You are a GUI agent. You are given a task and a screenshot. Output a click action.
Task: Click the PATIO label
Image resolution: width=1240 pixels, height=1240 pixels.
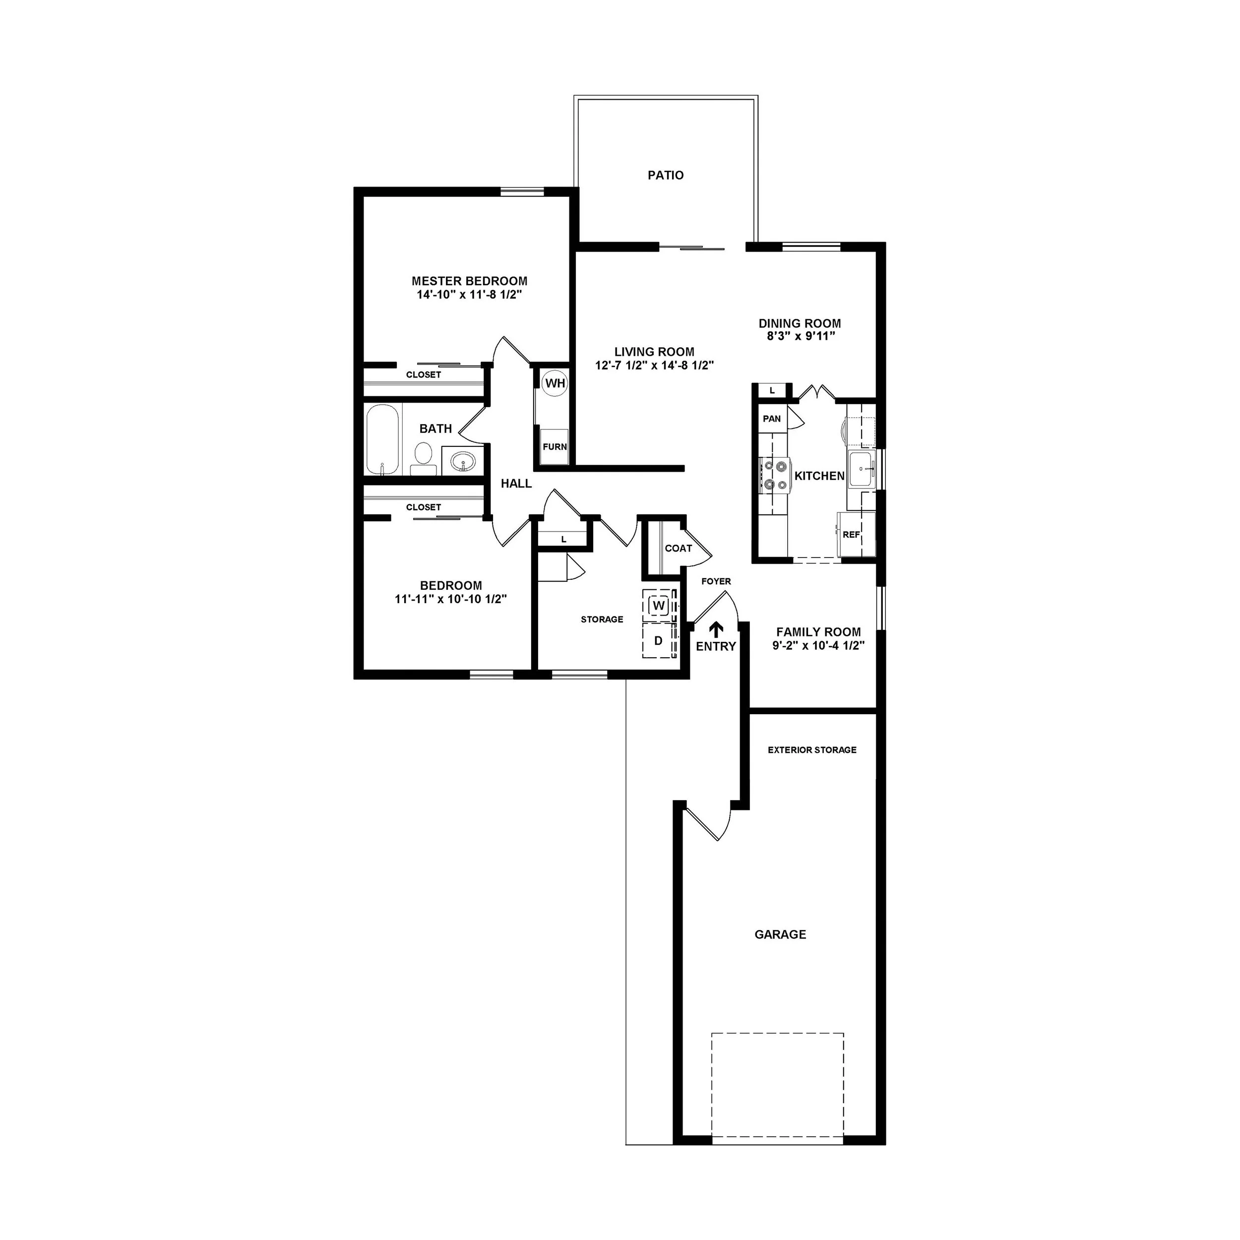point(666,175)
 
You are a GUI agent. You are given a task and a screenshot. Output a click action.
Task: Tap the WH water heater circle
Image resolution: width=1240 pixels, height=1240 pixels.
point(555,384)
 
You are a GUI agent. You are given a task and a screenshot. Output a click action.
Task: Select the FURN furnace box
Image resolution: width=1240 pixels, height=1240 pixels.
point(555,447)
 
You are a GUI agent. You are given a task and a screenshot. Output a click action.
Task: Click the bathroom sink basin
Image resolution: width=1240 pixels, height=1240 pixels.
point(463,461)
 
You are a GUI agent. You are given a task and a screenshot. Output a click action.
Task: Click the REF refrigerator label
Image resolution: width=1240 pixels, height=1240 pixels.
point(851,535)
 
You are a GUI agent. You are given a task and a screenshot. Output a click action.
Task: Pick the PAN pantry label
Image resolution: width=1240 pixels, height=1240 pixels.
point(771,419)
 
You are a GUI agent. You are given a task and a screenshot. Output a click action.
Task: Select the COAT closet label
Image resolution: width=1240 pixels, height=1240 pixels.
point(679,548)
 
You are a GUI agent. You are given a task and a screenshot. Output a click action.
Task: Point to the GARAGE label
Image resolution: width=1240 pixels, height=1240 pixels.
point(780,934)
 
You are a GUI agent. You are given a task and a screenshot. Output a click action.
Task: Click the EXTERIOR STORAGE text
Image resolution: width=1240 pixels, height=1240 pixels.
point(812,749)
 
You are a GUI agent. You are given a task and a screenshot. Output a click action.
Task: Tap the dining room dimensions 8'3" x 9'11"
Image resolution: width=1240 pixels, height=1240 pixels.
point(799,336)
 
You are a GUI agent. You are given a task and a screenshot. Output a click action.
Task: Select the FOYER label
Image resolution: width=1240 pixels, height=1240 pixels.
point(716,581)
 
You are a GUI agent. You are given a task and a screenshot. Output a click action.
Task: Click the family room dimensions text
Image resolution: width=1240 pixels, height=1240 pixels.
point(818,646)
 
